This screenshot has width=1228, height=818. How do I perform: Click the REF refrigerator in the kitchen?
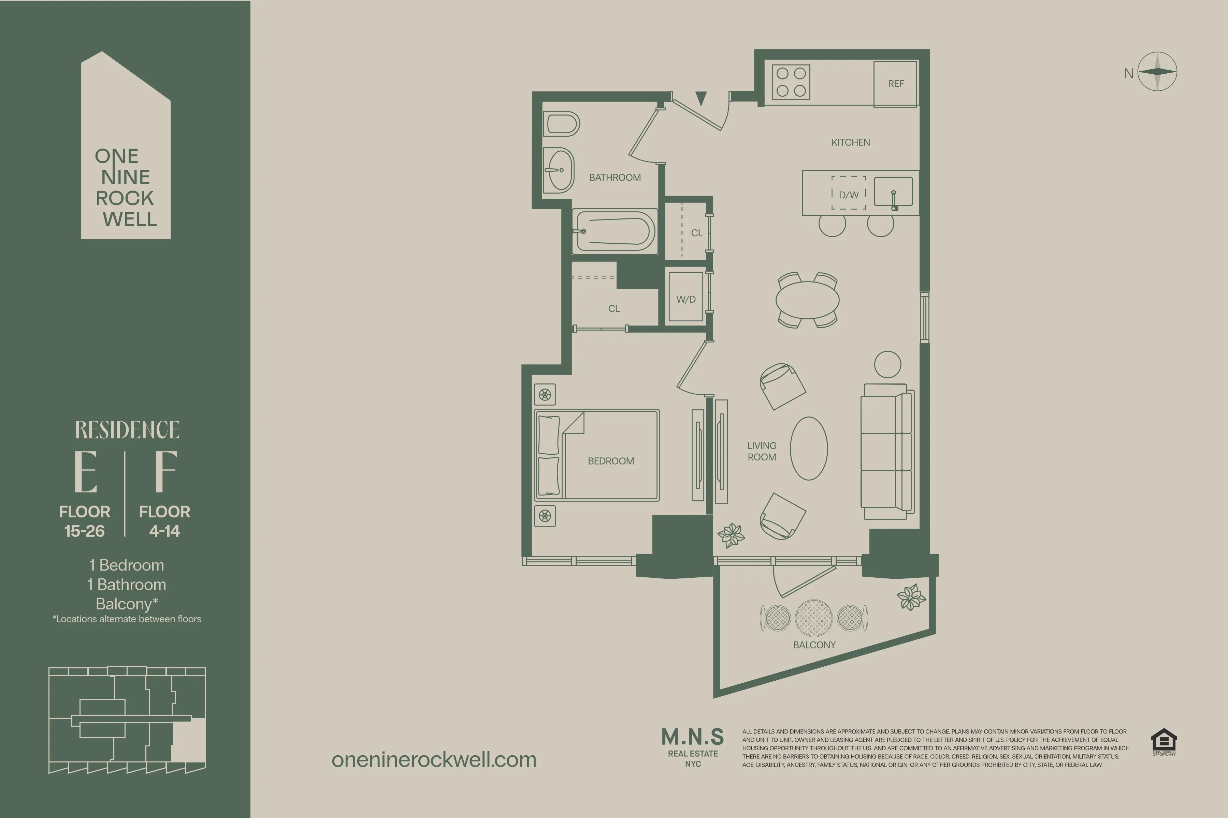[895, 84]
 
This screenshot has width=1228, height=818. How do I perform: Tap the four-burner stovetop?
[791, 82]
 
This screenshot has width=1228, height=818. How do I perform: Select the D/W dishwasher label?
[849, 195]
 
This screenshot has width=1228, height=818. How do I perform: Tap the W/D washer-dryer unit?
[685, 299]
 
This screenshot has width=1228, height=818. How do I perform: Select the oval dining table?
[807, 300]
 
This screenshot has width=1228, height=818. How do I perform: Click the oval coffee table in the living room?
[809, 448]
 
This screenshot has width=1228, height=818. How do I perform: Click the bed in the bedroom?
[597, 455]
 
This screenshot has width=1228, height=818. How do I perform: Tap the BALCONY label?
[814, 645]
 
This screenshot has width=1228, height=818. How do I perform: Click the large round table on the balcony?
[813, 618]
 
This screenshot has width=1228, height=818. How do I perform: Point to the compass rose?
[1157, 72]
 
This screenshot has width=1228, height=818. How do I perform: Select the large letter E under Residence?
[86, 472]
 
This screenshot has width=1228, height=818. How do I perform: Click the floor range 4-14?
[164, 531]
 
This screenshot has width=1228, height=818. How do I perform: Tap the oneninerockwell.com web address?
[434, 760]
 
